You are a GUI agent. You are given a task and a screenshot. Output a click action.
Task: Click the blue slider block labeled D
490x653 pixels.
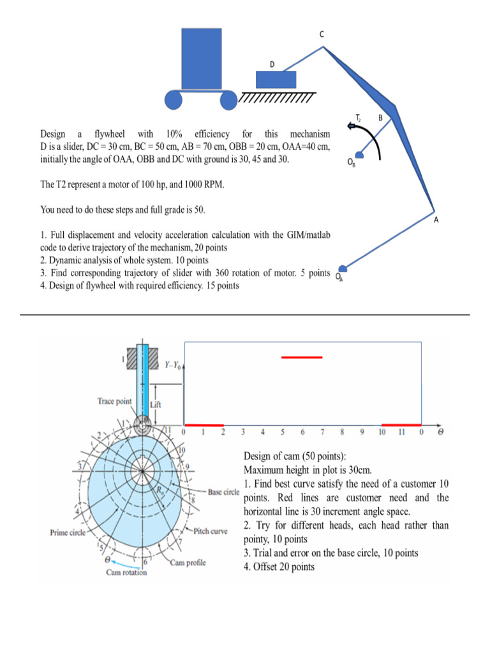pyautogui.click(x=276, y=79)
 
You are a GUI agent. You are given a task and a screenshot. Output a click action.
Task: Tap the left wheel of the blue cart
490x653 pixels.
pyautogui.click(x=174, y=100)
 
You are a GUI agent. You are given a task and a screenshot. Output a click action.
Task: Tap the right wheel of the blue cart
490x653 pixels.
pyautogui.click(x=228, y=100)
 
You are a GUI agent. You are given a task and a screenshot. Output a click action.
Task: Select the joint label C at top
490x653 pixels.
pyautogui.click(x=322, y=34)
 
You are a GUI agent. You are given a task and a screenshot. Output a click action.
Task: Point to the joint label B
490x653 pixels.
pyautogui.click(x=380, y=117)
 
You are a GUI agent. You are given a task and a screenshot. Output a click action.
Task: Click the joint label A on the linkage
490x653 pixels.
pyautogui.click(x=436, y=220)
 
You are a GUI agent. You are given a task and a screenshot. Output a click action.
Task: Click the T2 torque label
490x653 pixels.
pyautogui.click(x=359, y=118)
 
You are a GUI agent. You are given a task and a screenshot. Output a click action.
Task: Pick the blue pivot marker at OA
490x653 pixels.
pyautogui.click(x=343, y=268)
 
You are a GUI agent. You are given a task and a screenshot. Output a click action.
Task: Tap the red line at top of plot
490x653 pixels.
pyautogui.click(x=302, y=358)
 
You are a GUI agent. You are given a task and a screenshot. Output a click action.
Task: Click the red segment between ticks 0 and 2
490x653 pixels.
pyautogui.click(x=204, y=425)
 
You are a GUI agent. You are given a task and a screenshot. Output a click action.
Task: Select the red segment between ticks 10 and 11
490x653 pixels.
pyautogui.click(x=401, y=425)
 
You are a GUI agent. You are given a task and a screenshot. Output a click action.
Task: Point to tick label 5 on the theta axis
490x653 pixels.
pyautogui.click(x=282, y=432)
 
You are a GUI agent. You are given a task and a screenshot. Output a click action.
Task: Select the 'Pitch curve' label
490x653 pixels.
pyautogui.click(x=211, y=531)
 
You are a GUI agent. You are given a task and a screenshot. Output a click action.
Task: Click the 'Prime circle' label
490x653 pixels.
pyautogui.click(x=68, y=531)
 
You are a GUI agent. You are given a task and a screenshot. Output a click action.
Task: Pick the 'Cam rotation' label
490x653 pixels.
pyautogui.click(x=126, y=572)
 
